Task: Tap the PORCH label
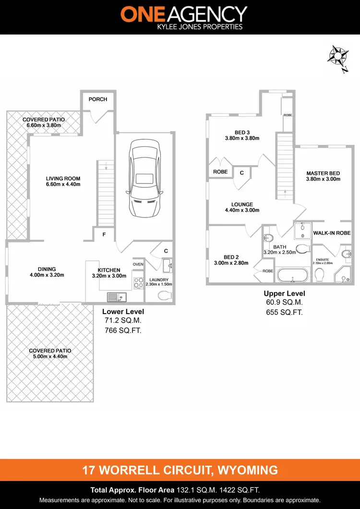coord(98,99)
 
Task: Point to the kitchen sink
coord(116,297)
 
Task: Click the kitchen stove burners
coord(138,282)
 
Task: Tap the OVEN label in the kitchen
coord(138,264)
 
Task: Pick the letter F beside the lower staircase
coord(104,235)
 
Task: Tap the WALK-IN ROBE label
coord(332,233)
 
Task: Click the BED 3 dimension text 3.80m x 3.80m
coord(242,138)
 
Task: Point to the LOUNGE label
coord(242,205)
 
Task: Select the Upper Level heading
coord(284,293)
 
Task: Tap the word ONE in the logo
coord(141,14)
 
